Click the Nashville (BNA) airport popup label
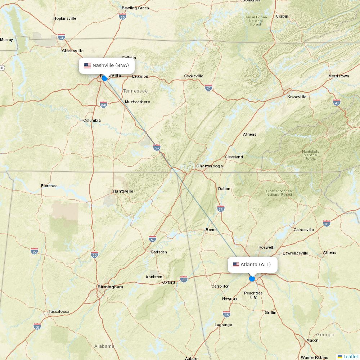[x=107, y=66]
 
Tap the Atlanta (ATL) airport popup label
[x=253, y=265]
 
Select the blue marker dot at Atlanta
[x=252, y=279]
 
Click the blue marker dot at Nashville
[x=104, y=78]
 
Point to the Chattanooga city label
[x=210, y=166]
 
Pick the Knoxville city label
[x=297, y=97]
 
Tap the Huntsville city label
[x=123, y=191]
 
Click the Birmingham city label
[x=110, y=287]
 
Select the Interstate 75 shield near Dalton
[x=221, y=209]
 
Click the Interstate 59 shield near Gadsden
[x=152, y=239]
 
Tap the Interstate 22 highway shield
[x=34, y=251]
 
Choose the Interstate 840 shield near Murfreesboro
[x=103, y=104]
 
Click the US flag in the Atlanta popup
[x=236, y=265]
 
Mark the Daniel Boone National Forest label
[x=256, y=21]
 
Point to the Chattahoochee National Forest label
[x=279, y=193]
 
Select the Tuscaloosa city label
[x=59, y=311]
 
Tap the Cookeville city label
[x=194, y=76]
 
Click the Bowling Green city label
[x=135, y=8]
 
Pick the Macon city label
[x=312, y=340]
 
